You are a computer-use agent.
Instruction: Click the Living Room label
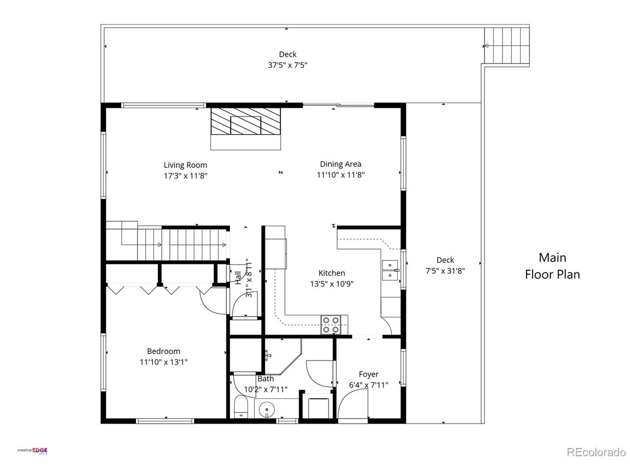click(x=185, y=165)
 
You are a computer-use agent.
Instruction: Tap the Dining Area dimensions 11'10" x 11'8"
click(x=341, y=175)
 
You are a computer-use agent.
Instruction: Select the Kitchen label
click(x=332, y=273)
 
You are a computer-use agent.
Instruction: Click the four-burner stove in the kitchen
click(x=331, y=324)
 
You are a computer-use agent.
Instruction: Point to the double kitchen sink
click(x=390, y=270)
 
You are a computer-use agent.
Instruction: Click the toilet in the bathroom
click(x=241, y=407)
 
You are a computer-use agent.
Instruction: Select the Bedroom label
click(x=163, y=351)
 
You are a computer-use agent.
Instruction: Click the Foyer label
click(x=369, y=374)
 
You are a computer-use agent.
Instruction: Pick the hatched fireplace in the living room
click(x=246, y=121)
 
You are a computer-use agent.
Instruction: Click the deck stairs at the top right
click(x=506, y=46)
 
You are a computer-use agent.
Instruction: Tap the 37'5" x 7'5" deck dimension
click(x=287, y=65)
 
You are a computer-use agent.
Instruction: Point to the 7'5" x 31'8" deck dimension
click(x=445, y=271)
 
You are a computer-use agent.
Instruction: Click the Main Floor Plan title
click(x=552, y=266)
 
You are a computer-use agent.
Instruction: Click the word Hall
click(x=238, y=278)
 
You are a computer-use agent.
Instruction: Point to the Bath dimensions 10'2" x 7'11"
click(x=265, y=389)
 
